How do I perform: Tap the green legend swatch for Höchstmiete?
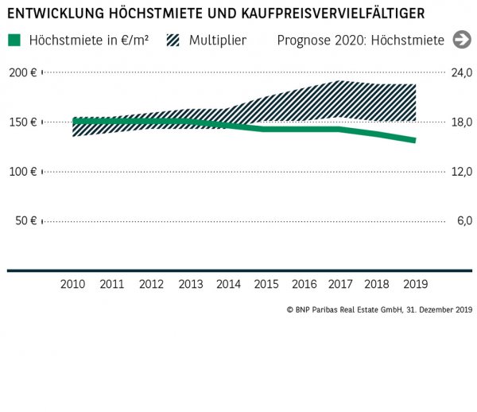[15, 40]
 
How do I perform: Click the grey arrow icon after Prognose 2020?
[460, 40]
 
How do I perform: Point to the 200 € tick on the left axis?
[23, 72]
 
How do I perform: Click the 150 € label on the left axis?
[23, 122]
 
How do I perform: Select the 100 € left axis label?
[23, 171]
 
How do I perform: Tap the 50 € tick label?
[26, 220]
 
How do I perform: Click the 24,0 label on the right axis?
[463, 72]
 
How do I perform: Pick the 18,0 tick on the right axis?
[463, 122]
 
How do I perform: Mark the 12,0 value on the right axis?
[463, 171]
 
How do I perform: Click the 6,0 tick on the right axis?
[465, 220]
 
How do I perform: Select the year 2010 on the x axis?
[73, 284]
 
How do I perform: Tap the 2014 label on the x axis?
[228, 284]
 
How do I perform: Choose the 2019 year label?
[415, 284]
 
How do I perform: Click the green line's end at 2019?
[414, 141]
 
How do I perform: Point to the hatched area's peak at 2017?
[339, 82]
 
